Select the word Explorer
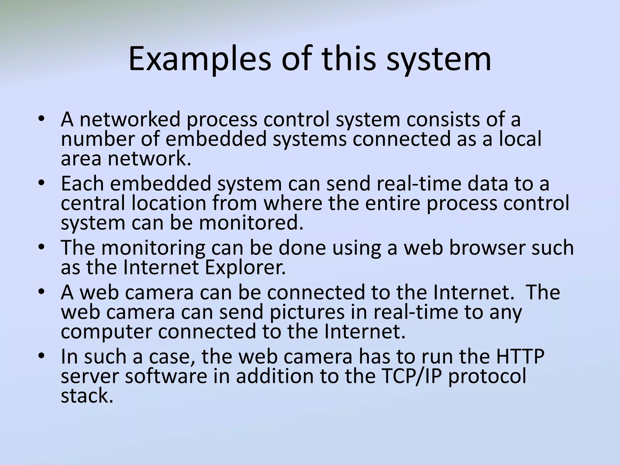(x=245, y=267)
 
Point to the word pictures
(x=307, y=312)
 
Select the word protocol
(x=487, y=377)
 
